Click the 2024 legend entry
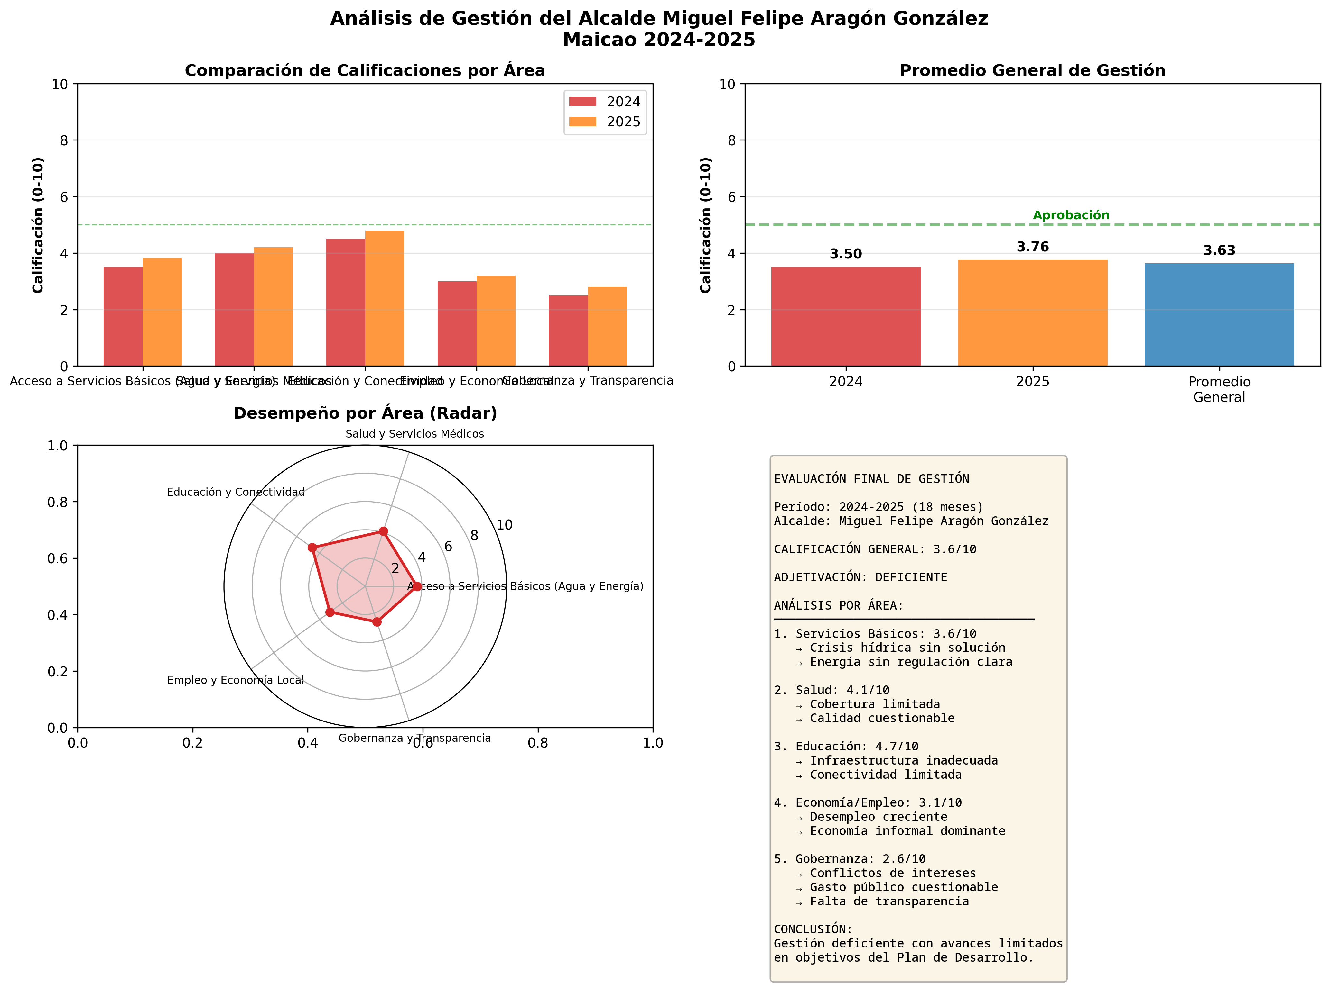(605, 102)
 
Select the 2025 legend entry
(605, 122)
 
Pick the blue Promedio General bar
(1219, 314)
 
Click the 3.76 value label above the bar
(1033, 247)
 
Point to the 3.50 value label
(845, 254)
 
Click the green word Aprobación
(1071, 215)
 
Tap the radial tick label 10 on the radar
(504, 525)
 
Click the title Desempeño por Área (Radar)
(365, 413)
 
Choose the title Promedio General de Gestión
(1033, 71)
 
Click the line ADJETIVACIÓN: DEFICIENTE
(860, 577)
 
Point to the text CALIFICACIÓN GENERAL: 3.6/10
(875, 549)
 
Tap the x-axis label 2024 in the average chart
(845, 382)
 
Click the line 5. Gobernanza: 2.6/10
(849, 859)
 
